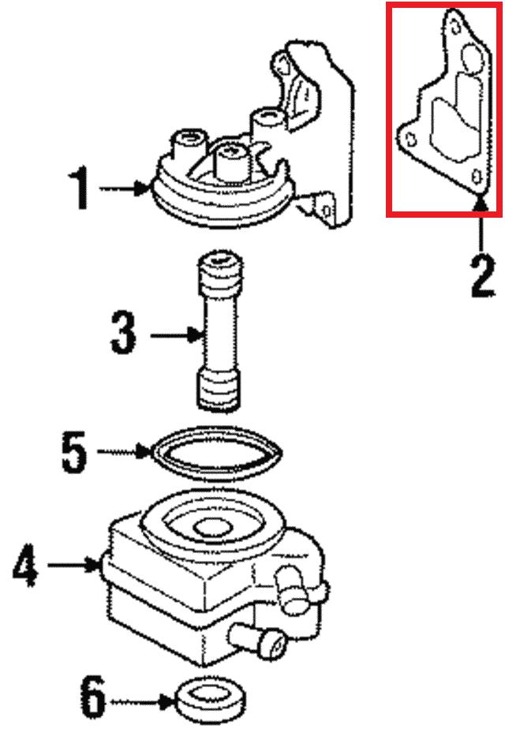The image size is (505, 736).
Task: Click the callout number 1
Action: pyautogui.click(x=80, y=188)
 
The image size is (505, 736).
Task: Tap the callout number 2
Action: pyautogui.click(x=483, y=275)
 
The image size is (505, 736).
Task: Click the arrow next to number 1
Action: pyautogui.click(x=125, y=189)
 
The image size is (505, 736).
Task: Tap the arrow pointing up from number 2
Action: pyautogui.click(x=480, y=225)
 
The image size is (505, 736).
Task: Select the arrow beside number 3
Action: pyautogui.click(x=176, y=334)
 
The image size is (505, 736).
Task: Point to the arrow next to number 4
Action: pyautogui.click(x=73, y=564)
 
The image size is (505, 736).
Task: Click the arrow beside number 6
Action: pyautogui.click(x=142, y=702)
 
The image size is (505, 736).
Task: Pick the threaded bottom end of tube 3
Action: pyautogui.click(x=218, y=390)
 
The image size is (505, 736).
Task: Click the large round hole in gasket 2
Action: pyautogui.click(x=471, y=58)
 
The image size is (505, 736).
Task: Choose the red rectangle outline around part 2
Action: pyautogui.click(x=388, y=109)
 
